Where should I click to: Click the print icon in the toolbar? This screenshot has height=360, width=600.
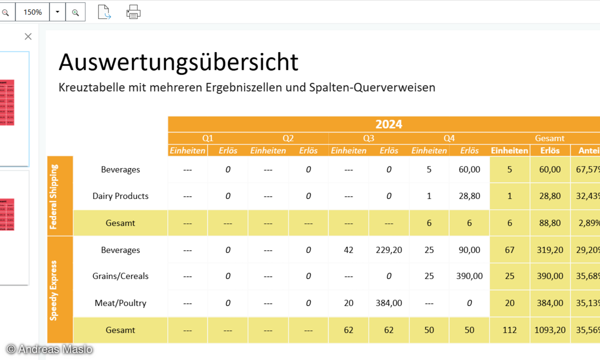point(133,11)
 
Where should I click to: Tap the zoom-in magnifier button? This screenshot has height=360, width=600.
point(75,12)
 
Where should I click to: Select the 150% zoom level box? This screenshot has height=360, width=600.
point(32,12)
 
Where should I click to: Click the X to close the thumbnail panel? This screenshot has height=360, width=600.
point(28,36)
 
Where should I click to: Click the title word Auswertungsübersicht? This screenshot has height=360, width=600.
point(178,62)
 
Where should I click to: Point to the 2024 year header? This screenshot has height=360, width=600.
point(388,124)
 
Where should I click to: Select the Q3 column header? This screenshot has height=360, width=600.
point(368,138)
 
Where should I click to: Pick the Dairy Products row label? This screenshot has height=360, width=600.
point(120,196)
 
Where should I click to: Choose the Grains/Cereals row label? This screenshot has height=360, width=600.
point(120,276)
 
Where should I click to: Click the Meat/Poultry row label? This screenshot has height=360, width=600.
point(120,303)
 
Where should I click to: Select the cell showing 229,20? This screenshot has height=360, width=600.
point(388,250)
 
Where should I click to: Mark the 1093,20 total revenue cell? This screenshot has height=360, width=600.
point(549,330)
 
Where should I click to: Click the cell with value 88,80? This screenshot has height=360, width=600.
point(549,223)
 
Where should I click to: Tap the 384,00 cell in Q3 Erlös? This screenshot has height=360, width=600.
point(388,303)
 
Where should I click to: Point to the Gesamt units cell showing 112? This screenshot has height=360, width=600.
point(509,330)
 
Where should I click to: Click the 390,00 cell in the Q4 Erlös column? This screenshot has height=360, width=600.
point(469,276)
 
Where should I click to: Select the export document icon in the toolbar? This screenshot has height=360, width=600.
point(104,11)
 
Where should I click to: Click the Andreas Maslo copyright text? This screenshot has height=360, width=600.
point(49,349)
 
